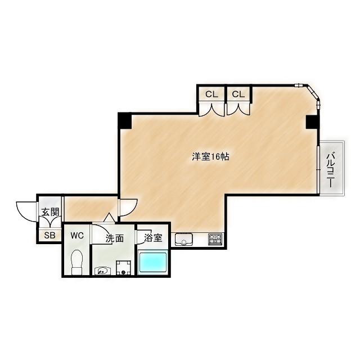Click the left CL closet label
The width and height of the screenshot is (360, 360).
pos(211,94)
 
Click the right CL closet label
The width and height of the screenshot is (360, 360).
pos(238,94)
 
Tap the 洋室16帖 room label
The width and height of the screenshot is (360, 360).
pos(210,157)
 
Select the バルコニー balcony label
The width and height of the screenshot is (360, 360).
pos(330,170)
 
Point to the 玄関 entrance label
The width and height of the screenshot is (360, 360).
pos(50,212)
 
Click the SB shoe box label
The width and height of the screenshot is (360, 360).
pos(50,235)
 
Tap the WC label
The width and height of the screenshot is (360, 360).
pos(77,235)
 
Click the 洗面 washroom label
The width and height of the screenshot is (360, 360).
pos(115,238)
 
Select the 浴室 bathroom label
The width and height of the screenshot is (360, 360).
pos(153,238)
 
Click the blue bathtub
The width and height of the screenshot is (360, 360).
pos(153,263)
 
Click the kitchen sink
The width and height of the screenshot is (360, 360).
pos(184,240)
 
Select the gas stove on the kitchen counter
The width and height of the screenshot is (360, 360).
pos(215,239)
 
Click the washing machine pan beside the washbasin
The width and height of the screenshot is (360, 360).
pos(124,268)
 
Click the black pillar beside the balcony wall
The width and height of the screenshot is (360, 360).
pos(313,122)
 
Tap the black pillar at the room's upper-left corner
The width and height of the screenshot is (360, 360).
pos(125,121)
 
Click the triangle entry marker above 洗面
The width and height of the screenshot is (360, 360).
pos(108,218)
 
